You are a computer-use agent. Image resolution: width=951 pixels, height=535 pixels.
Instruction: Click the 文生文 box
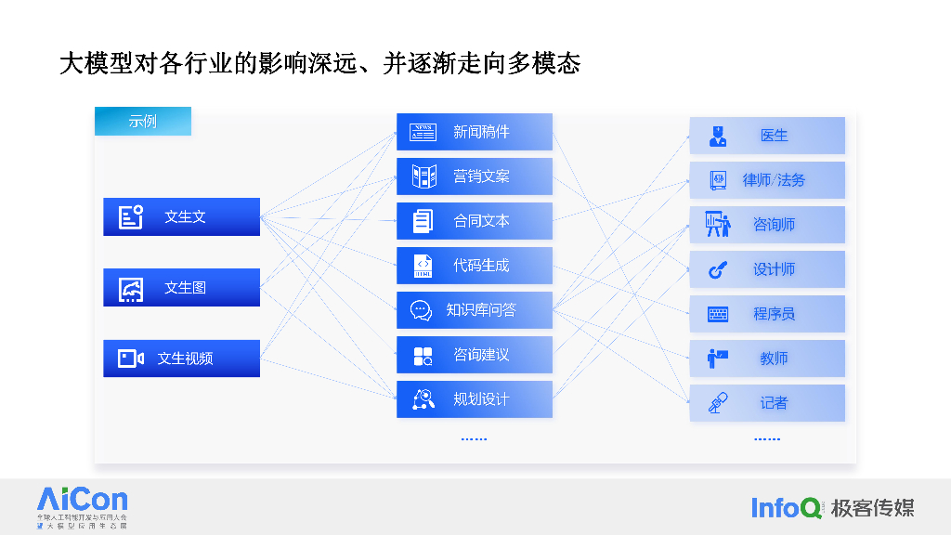coord(181,216)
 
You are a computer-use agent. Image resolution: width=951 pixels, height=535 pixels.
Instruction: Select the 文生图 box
coord(181,287)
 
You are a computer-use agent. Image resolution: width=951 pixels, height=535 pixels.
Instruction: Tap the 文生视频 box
coord(181,358)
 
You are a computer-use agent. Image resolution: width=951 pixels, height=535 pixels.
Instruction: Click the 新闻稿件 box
coord(475,132)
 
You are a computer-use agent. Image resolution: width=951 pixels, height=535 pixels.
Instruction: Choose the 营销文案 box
coord(475,176)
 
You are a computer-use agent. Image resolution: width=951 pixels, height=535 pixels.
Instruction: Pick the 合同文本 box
coord(475,221)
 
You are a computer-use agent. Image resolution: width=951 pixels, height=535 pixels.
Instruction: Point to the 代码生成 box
coord(475,266)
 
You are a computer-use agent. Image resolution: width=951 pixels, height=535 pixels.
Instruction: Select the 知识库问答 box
coord(475,310)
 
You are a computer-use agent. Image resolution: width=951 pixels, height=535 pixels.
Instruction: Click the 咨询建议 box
coord(475,355)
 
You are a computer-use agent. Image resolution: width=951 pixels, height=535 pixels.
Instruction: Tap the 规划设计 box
coord(475,399)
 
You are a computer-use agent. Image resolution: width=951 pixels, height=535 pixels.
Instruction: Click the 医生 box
coord(767,136)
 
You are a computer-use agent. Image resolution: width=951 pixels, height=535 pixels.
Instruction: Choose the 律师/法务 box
coord(767,180)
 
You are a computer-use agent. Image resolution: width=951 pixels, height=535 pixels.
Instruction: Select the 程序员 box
coord(767,314)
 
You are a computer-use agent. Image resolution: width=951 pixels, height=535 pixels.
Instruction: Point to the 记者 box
coord(767,403)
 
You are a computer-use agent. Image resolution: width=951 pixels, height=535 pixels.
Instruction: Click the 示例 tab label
coord(143,121)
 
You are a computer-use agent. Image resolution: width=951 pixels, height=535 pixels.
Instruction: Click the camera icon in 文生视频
coord(131,359)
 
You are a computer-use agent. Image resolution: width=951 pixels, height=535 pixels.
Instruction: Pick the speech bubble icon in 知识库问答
coord(422,310)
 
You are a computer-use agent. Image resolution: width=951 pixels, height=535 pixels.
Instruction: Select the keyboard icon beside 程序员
coord(718,314)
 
